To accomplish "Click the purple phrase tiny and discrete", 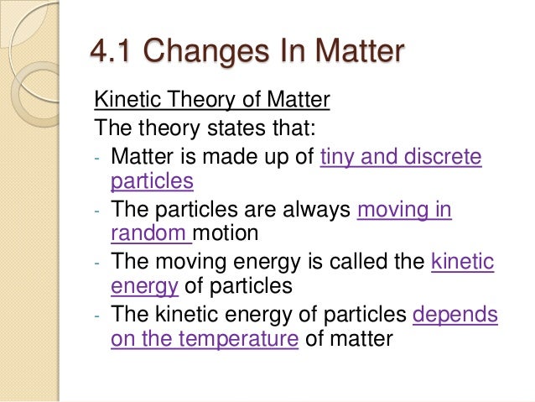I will click(x=401, y=155).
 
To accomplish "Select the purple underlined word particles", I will click(x=152, y=181).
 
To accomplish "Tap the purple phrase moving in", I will click(x=404, y=209).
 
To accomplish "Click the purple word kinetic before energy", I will click(x=462, y=262).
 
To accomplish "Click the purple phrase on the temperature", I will click(x=205, y=341).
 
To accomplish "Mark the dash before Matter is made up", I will click(x=97, y=157).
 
